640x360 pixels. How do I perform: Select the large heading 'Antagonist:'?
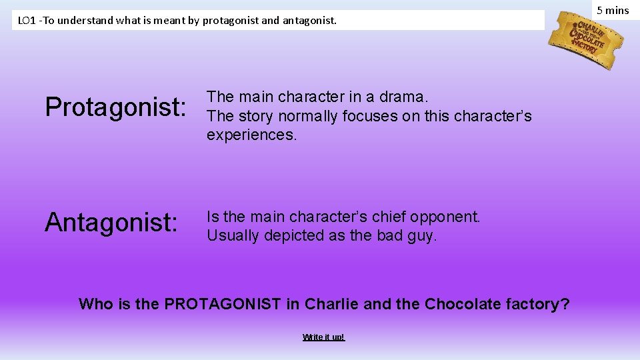pyautogui.click(x=111, y=223)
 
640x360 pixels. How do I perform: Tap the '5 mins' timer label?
pyautogui.click(x=612, y=10)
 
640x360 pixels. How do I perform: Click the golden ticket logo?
pyautogui.click(x=586, y=39)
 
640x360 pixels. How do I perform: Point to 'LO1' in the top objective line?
pyautogui.click(x=27, y=21)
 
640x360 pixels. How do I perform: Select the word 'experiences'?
pyautogui.click(x=251, y=135)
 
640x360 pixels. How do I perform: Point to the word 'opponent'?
pyautogui.click(x=444, y=217)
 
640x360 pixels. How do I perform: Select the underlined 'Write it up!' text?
pyautogui.click(x=323, y=337)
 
